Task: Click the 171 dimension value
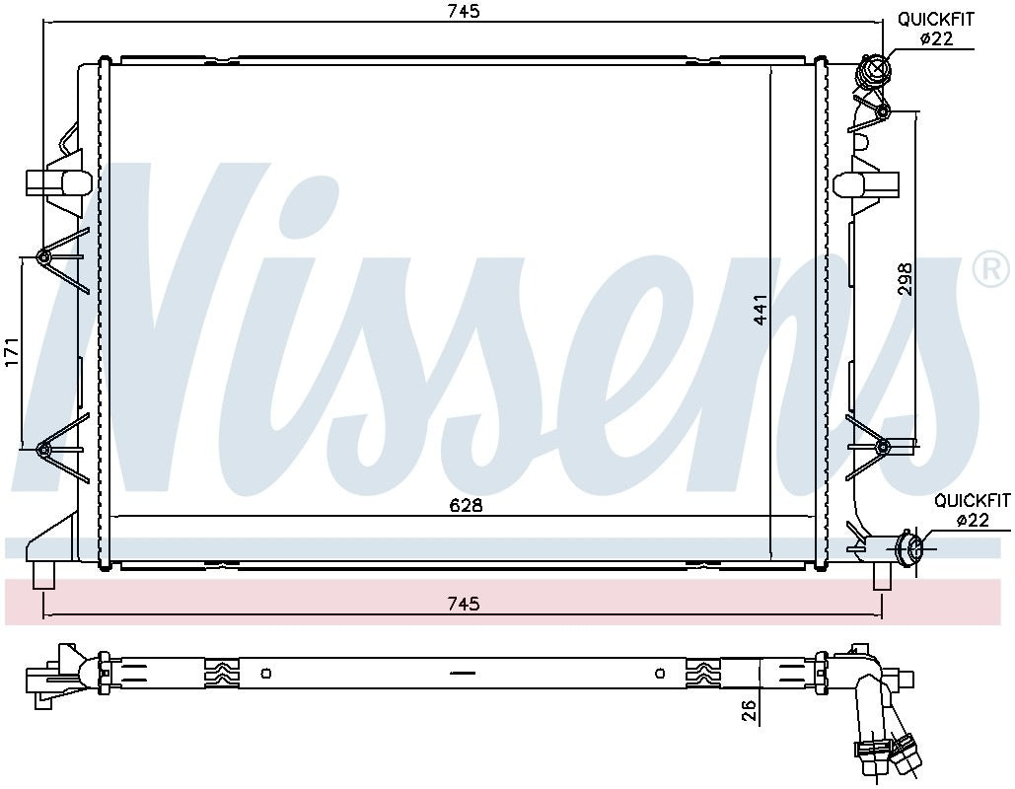12,352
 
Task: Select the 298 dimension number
906,278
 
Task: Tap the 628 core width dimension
466,505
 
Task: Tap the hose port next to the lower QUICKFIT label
910,548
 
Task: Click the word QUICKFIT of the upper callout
934,19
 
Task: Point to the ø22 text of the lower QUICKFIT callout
973,521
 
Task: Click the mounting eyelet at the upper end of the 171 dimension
43,258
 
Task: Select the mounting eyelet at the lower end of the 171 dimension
43,451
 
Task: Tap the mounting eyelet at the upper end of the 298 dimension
882,110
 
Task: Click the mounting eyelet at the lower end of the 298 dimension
882,449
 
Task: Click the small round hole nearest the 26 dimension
660,674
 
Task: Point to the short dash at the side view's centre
462,674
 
